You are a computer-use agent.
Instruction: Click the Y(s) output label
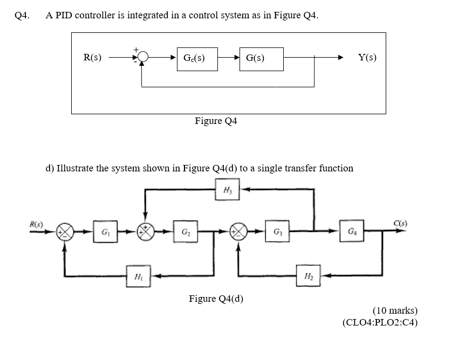pyautogui.click(x=367, y=58)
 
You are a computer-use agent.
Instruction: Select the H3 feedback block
pyautogui.click(x=227, y=190)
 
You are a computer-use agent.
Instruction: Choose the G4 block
pyautogui.click(x=351, y=232)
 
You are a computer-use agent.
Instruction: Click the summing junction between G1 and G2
pyautogui.click(x=145, y=233)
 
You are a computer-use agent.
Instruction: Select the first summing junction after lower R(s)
pyautogui.click(x=65, y=233)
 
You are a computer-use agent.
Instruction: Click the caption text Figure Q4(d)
pyautogui.click(x=216, y=299)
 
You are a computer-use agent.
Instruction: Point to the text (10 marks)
pyautogui.click(x=394, y=310)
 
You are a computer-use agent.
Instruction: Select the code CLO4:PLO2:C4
pyautogui.click(x=380, y=323)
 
